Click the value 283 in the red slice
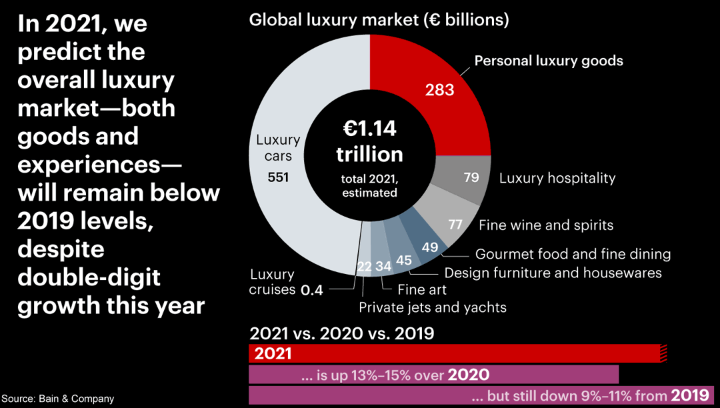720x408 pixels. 439,89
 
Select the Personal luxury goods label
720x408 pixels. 549,61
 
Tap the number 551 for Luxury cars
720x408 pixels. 278,177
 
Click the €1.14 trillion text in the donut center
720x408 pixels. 369,141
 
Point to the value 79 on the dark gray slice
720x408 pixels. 472,178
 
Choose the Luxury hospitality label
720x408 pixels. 557,178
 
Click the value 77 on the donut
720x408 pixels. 455,225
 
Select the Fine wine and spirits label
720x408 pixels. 546,225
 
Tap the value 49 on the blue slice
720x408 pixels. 430,247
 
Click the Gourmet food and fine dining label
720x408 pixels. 573,254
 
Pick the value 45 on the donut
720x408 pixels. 404,260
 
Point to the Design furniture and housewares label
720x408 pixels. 553,273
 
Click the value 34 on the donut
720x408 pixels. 383,266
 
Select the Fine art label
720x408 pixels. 422,290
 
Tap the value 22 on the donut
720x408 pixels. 365,267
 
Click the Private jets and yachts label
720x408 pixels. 433,307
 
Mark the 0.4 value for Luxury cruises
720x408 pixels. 312,290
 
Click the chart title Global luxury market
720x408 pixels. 379,20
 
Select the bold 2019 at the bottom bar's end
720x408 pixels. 689,395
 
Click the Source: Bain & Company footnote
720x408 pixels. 57,399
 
